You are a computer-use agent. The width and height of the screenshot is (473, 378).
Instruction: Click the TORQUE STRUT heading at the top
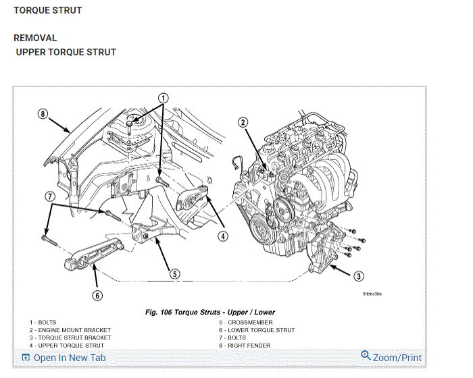[x=47, y=10]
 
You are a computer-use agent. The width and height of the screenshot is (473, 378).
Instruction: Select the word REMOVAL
[x=35, y=38]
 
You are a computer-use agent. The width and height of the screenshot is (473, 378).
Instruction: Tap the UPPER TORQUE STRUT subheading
[x=66, y=52]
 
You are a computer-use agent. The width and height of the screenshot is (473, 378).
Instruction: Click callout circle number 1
[x=164, y=98]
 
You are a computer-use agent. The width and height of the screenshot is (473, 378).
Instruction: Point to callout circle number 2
[x=243, y=122]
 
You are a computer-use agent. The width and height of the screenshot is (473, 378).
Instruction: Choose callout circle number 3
[x=358, y=275]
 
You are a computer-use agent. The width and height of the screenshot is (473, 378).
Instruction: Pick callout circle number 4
[x=223, y=236]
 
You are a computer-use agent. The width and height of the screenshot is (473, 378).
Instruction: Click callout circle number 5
[x=174, y=273]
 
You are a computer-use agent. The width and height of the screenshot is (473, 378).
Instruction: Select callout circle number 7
[x=49, y=196]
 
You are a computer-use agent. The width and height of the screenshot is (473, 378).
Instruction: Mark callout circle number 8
[x=43, y=114]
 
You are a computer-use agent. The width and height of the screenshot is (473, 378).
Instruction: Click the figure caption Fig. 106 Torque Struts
[x=210, y=313]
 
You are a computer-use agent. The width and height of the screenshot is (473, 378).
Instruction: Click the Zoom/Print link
[x=391, y=358]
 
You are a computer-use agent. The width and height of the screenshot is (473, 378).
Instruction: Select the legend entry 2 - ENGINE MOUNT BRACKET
[x=70, y=330]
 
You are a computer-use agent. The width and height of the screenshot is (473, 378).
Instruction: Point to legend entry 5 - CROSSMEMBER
[x=246, y=323]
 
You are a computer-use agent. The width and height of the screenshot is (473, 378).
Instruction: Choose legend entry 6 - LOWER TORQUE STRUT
[x=257, y=330]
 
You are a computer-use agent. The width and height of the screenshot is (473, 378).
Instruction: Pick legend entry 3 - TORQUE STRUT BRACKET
[x=70, y=337]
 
